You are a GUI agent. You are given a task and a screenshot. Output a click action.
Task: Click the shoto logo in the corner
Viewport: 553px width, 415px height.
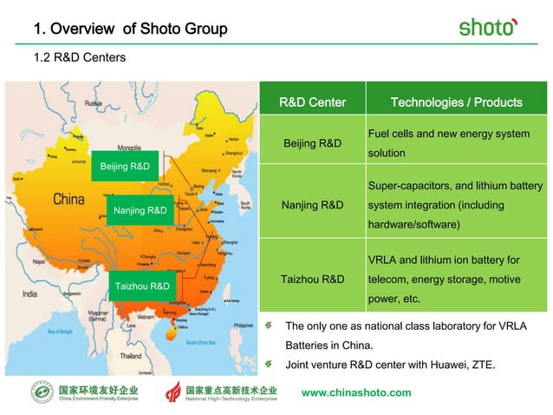tap(488, 27)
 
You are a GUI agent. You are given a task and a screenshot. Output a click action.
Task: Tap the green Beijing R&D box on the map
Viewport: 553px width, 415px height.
tap(125, 166)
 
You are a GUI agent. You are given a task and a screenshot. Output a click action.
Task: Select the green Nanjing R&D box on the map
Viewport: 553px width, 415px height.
tap(140, 210)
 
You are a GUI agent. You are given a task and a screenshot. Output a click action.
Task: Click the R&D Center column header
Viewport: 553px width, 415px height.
tap(312, 102)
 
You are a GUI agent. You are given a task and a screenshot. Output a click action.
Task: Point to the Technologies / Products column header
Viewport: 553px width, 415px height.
tap(456, 102)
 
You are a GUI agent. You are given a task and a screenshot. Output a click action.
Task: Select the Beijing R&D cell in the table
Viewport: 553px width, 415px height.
tap(312, 142)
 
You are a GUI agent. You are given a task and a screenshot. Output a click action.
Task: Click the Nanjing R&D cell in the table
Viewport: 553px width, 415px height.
tap(312, 206)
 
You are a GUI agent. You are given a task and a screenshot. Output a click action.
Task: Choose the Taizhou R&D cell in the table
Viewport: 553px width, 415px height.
tap(312, 280)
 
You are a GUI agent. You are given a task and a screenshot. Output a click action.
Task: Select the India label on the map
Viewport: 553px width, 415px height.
tap(31, 293)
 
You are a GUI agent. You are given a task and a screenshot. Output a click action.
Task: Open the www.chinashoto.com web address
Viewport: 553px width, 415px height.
tap(356, 392)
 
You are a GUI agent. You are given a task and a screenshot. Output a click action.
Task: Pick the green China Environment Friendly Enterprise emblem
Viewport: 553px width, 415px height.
tap(41, 392)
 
